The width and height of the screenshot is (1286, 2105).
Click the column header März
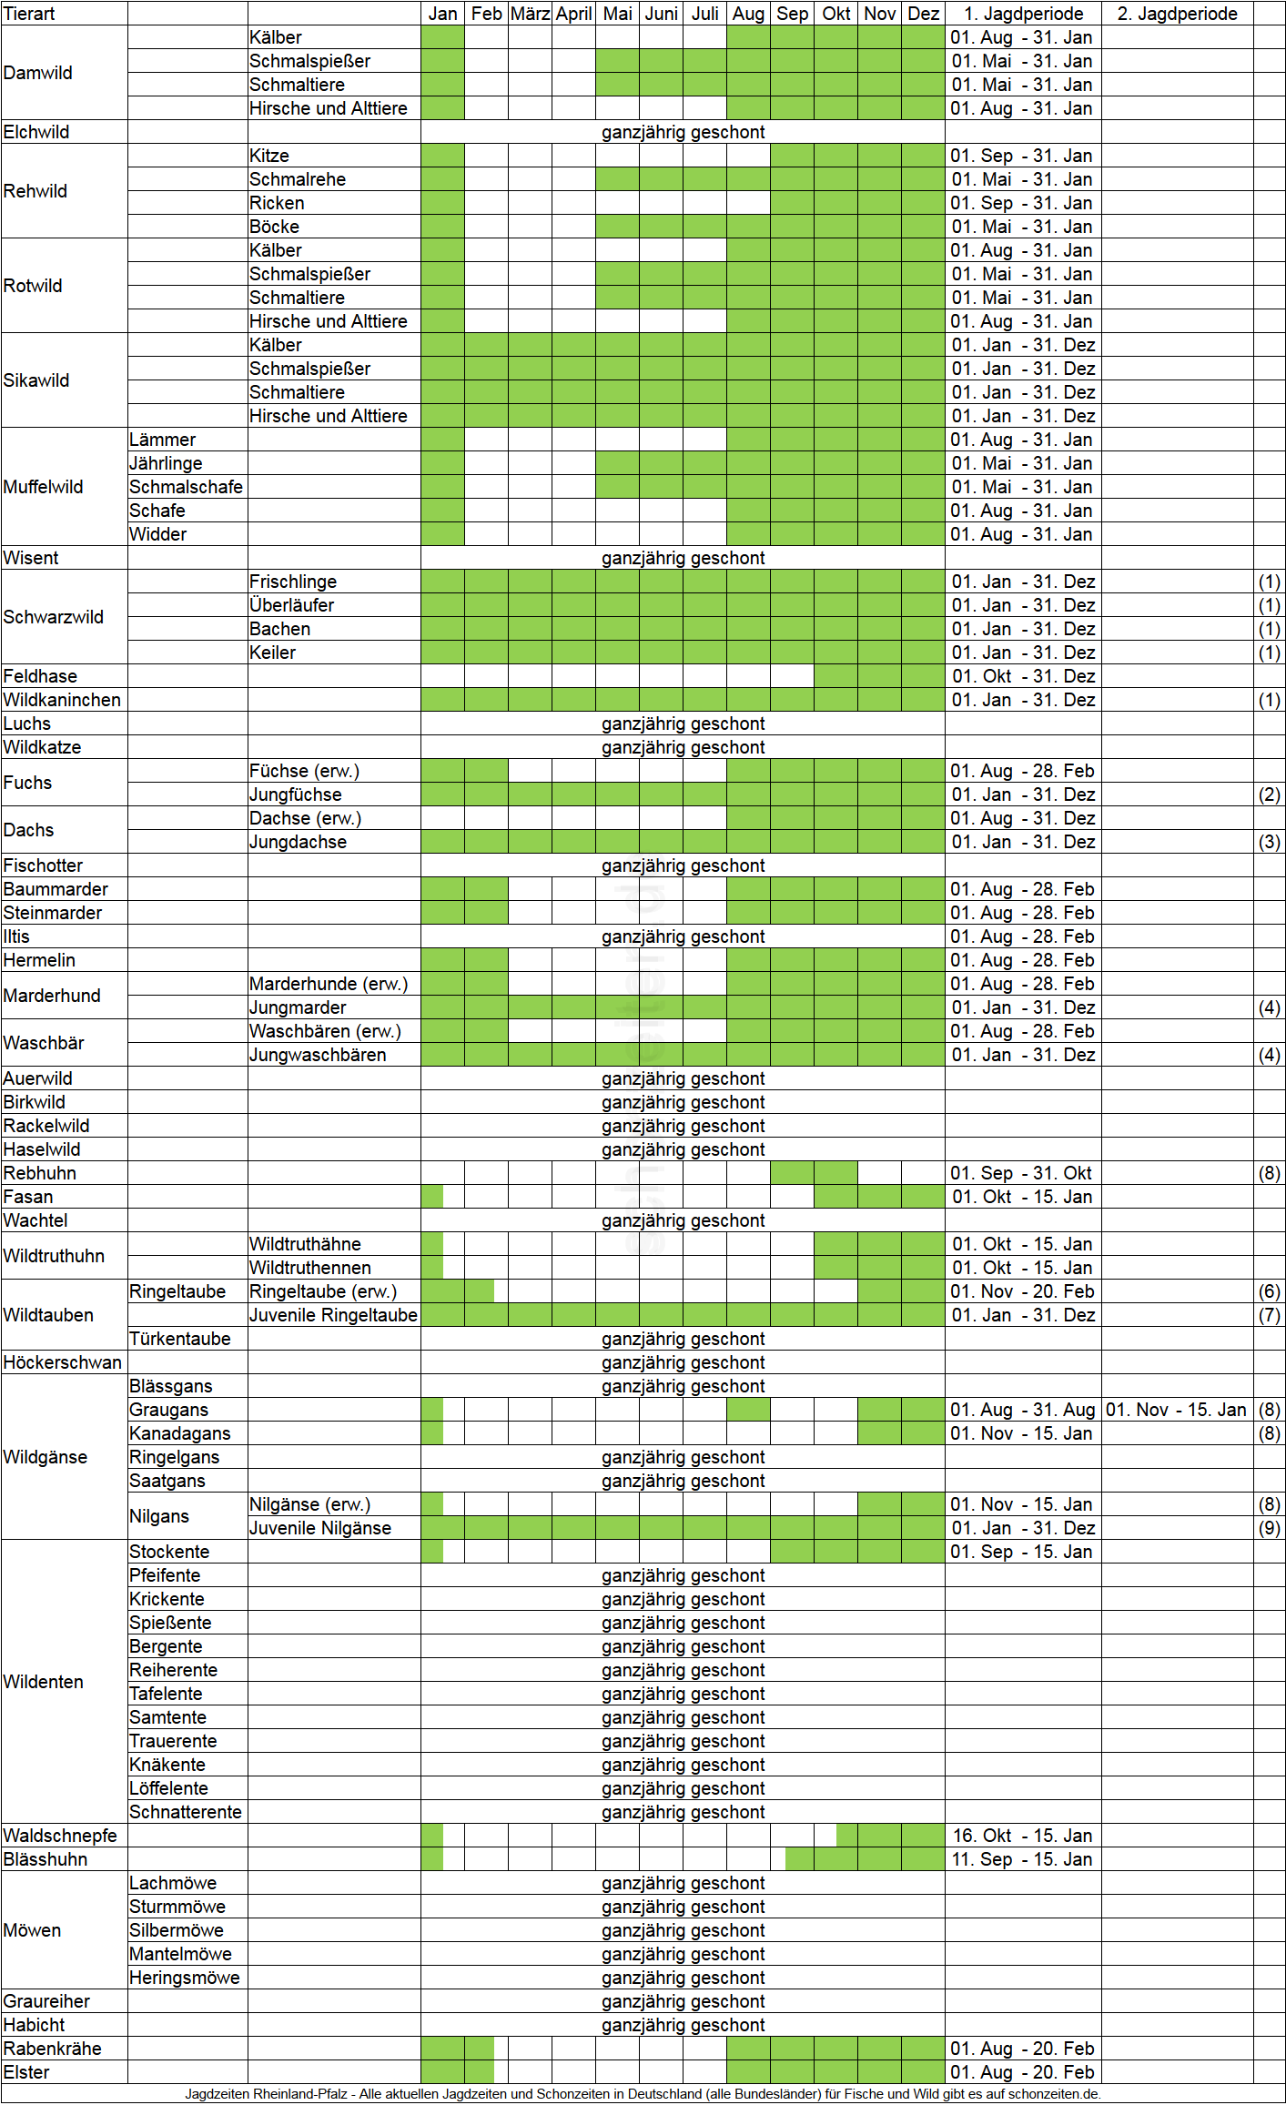pyautogui.click(x=530, y=14)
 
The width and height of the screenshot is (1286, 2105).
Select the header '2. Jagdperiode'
pyautogui.click(x=1177, y=14)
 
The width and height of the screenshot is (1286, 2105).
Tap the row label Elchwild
pyautogui.click(x=36, y=132)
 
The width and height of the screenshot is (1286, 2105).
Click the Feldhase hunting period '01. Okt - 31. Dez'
pyautogui.click(x=1023, y=676)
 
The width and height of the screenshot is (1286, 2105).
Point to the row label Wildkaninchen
pyautogui.click(x=62, y=700)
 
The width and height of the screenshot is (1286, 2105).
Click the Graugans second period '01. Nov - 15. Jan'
pyautogui.click(x=1176, y=1410)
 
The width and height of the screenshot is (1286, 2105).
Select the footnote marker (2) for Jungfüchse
pyautogui.click(x=1269, y=794)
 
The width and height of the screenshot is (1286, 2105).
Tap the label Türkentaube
pyautogui.click(x=180, y=1339)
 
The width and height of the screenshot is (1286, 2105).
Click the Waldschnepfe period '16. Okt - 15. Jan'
pyautogui.click(x=1023, y=1836)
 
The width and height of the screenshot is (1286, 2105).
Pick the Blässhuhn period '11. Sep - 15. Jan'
pyautogui.click(x=1023, y=1859)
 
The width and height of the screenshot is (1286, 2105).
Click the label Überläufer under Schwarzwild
pyautogui.click(x=291, y=605)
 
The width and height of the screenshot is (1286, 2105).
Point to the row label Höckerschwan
pyautogui.click(x=62, y=1362)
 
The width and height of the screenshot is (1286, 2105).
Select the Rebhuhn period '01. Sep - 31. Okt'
pyautogui.click(x=1023, y=1173)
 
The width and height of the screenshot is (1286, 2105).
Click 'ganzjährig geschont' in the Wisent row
pyautogui.click(x=683, y=558)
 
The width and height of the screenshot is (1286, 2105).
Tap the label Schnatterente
pyautogui.click(x=186, y=1812)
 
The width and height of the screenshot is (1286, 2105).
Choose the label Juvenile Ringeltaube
pyautogui.click(x=333, y=1315)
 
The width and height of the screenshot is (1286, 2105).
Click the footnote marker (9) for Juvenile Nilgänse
pyautogui.click(x=1269, y=1528)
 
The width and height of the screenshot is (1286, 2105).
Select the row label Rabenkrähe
pyautogui.click(x=52, y=2049)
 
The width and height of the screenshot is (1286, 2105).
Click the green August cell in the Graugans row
pyautogui.click(x=748, y=1410)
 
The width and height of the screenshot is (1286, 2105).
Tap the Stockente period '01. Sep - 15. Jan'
pyautogui.click(x=1023, y=1552)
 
